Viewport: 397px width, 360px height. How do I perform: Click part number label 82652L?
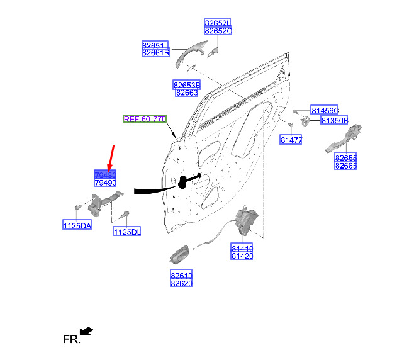coord(218,23)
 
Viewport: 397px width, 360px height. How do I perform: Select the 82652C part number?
coord(218,30)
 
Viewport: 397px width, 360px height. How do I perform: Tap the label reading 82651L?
coord(155,45)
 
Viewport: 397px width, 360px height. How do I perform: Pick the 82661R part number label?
coord(155,53)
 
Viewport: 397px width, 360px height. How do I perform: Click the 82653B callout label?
coord(186,84)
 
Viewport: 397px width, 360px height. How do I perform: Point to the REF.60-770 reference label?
coord(145,119)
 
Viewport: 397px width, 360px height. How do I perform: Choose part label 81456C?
coord(325,110)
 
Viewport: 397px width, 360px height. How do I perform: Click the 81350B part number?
coord(335,120)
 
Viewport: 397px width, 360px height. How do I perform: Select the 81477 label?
coord(291,140)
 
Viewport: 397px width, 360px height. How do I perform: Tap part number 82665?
coord(345,166)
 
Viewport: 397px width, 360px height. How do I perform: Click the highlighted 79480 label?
coord(104,174)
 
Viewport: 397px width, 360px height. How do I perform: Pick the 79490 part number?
coord(104,183)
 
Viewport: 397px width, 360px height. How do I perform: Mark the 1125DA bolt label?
coord(77,225)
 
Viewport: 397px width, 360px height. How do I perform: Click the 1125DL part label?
coord(126,232)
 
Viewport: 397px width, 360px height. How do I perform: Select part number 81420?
coord(242,256)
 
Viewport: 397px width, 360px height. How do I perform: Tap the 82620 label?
coord(181,283)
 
